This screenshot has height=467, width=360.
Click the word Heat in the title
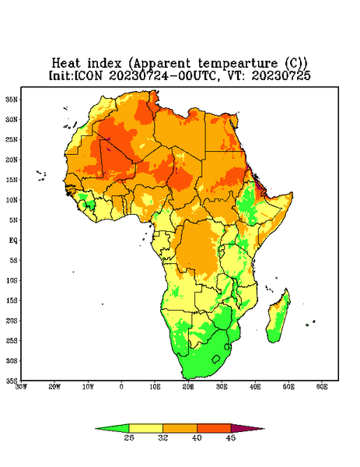66,63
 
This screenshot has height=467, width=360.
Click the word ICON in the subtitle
89,75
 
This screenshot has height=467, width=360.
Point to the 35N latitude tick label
12,100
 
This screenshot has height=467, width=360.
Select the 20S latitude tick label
12,321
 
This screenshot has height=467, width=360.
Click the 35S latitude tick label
12,381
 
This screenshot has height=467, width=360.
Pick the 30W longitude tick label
21,387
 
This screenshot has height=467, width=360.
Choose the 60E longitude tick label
322,387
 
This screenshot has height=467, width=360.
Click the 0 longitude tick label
121,387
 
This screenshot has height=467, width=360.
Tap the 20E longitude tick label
188,387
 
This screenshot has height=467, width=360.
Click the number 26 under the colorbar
129,437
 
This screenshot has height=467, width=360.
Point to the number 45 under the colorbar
231,437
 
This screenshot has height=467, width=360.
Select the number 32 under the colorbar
163,437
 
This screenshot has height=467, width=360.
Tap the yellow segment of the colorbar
145,429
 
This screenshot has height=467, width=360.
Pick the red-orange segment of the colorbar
214,429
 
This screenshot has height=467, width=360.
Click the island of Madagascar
279,318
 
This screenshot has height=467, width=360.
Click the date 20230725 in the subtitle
281,75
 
